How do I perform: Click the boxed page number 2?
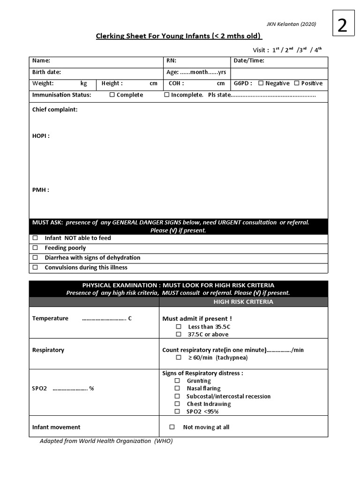click(x=342, y=25)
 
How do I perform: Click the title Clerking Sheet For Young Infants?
click(x=179, y=37)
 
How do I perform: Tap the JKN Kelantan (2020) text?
click(x=292, y=24)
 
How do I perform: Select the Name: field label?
click(x=41, y=60)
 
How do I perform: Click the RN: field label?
click(x=171, y=60)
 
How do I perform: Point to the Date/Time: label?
click(x=249, y=60)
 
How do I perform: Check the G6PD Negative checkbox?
click(x=261, y=83)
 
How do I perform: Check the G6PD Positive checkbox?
click(x=297, y=83)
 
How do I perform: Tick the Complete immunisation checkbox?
click(x=112, y=95)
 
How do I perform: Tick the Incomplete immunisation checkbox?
click(x=166, y=95)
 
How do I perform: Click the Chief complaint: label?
click(x=55, y=110)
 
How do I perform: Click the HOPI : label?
click(x=41, y=136)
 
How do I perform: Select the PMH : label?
click(x=40, y=190)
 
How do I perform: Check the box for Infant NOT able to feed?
click(x=35, y=238)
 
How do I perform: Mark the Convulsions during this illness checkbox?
click(x=35, y=268)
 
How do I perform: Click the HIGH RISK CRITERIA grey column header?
click(x=243, y=302)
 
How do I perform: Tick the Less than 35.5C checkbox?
click(x=178, y=327)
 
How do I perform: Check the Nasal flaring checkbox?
click(x=177, y=389)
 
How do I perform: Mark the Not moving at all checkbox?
click(x=172, y=427)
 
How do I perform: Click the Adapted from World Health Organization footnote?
click(x=106, y=441)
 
